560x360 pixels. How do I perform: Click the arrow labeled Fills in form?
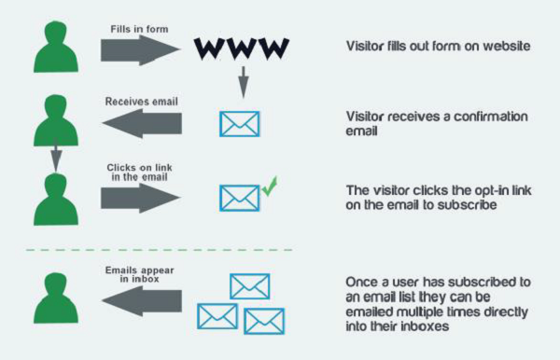pos(139,50)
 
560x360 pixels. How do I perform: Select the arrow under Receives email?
pos(139,121)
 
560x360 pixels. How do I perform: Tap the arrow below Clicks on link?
pos(139,196)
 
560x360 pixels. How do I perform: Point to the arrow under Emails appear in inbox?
pos(139,299)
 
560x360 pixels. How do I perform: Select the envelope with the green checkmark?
pos(238,196)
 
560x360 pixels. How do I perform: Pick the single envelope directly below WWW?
pos(238,123)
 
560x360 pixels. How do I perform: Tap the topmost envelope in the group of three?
pos(249,286)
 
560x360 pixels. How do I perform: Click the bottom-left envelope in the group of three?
pos(217,315)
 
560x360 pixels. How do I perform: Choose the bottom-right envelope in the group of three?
pos(264,320)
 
